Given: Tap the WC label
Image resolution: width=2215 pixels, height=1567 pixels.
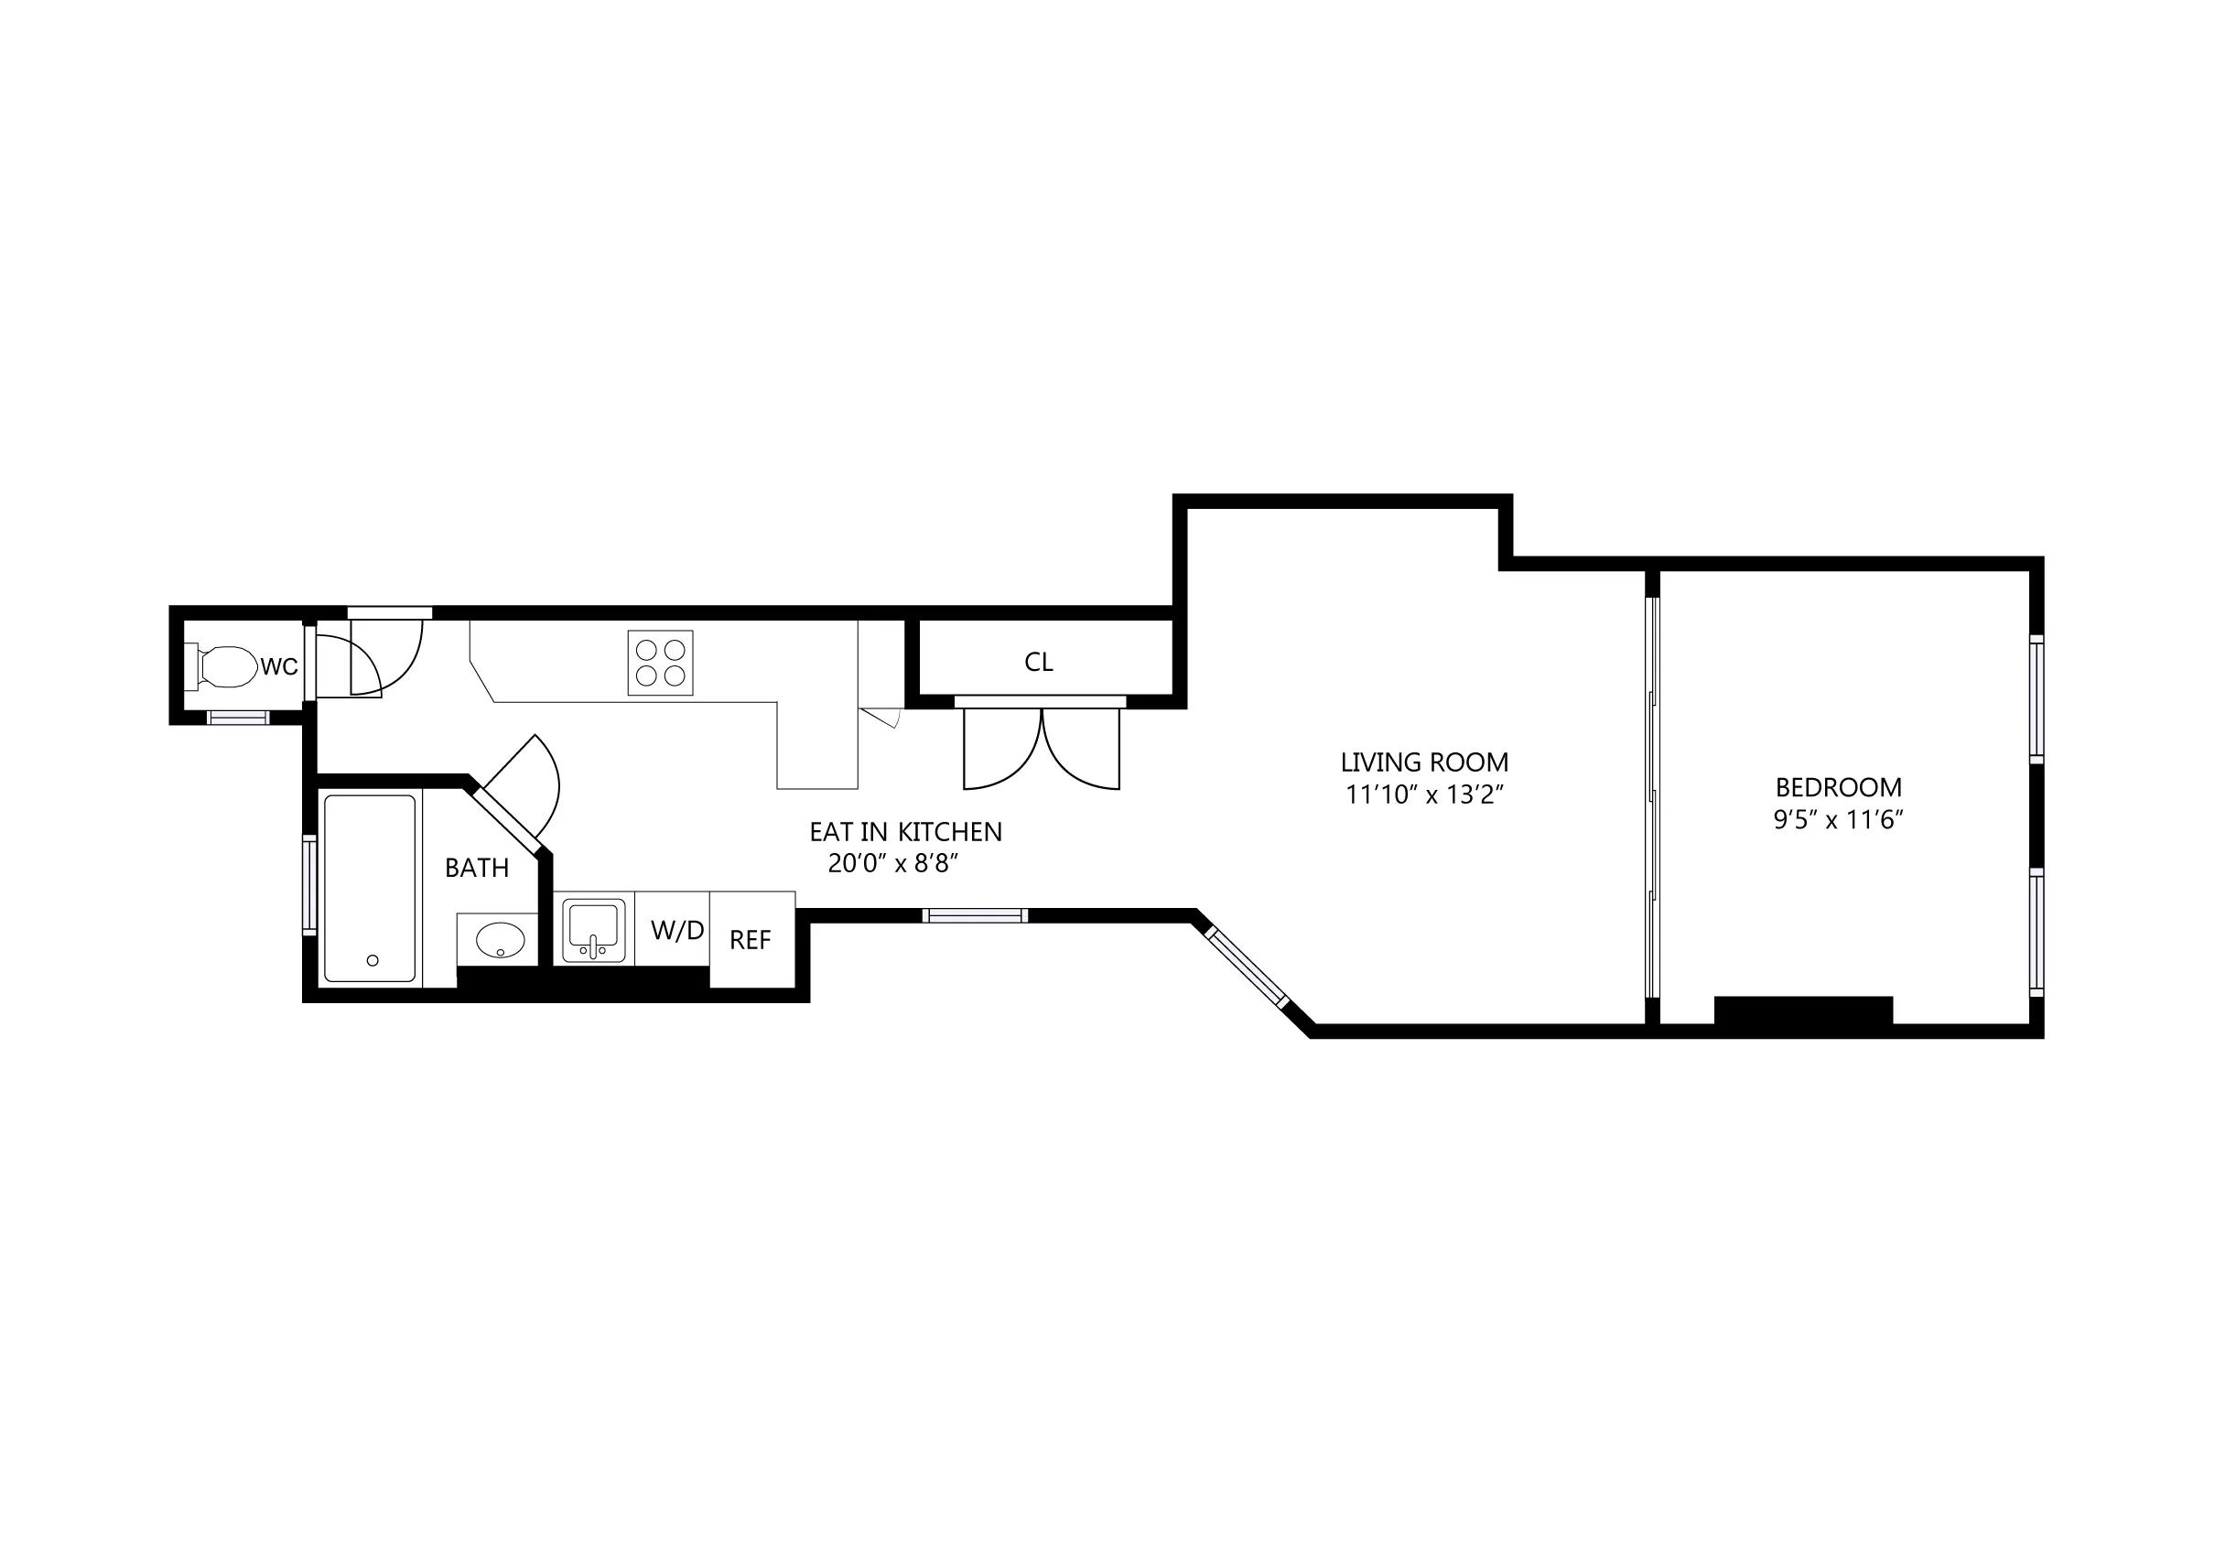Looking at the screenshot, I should pyautogui.click(x=280, y=666).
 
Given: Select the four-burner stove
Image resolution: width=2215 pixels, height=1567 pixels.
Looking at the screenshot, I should pyautogui.click(x=660, y=663).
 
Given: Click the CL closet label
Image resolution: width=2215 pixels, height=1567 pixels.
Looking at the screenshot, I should pyautogui.click(x=1038, y=662).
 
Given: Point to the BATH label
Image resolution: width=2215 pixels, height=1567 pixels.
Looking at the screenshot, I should pyautogui.click(x=477, y=868).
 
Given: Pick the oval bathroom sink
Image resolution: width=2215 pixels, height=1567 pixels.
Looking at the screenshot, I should pyautogui.click(x=500, y=938).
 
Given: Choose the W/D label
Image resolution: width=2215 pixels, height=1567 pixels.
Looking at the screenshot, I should pyautogui.click(x=677, y=930).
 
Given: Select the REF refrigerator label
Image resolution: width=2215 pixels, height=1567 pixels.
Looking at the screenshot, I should pyautogui.click(x=751, y=940).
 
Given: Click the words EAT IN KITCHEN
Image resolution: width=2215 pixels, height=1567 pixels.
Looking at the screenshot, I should pyautogui.click(x=905, y=832).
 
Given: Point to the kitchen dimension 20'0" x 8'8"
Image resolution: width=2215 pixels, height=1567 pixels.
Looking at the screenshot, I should pyautogui.click(x=892, y=863).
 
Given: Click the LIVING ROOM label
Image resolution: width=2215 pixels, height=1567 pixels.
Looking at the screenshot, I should pyautogui.click(x=1424, y=762).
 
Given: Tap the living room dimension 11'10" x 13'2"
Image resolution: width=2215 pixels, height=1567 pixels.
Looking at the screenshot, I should pyautogui.click(x=1425, y=795).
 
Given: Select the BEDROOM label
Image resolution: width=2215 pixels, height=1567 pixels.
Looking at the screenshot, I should pyautogui.click(x=1838, y=787).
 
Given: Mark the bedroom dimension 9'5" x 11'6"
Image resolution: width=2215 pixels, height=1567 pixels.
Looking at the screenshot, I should pyautogui.click(x=1838, y=820).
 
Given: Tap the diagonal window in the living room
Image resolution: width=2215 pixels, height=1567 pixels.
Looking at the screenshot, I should pyautogui.click(x=1247, y=967).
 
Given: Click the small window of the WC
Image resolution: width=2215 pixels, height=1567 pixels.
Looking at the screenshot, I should pyautogui.click(x=238, y=717).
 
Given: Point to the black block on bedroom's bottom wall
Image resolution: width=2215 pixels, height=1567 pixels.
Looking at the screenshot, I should pyautogui.click(x=1803, y=1011).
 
